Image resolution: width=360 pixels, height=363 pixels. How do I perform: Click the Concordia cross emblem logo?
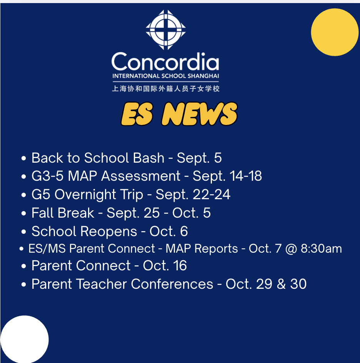[166, 30]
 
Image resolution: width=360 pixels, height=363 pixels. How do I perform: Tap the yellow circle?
[335, 32]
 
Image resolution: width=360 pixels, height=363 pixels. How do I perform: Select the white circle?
[25, 339]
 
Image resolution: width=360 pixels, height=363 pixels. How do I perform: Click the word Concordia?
[165, 62]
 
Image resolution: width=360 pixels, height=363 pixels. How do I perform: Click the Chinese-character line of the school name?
[166, 89]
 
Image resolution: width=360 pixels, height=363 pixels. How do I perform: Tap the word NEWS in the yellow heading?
[200, 114]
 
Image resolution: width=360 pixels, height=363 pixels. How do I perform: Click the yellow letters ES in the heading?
[137, 114]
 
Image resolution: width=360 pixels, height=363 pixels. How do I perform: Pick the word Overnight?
[85, 195]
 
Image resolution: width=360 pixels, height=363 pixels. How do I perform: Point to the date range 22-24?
[212, 194]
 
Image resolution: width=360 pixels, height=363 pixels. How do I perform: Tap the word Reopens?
[108, 231]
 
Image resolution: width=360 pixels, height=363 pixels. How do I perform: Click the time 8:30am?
[321, 249]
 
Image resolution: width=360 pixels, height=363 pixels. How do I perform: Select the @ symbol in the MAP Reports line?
[291, 249]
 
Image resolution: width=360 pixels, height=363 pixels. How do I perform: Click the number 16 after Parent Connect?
[180, 266]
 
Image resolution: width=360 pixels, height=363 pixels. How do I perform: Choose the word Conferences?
[172, 284]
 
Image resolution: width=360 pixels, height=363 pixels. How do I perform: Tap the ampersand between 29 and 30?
[281, 284]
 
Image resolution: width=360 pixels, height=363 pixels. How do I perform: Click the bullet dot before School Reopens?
[23, 232]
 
